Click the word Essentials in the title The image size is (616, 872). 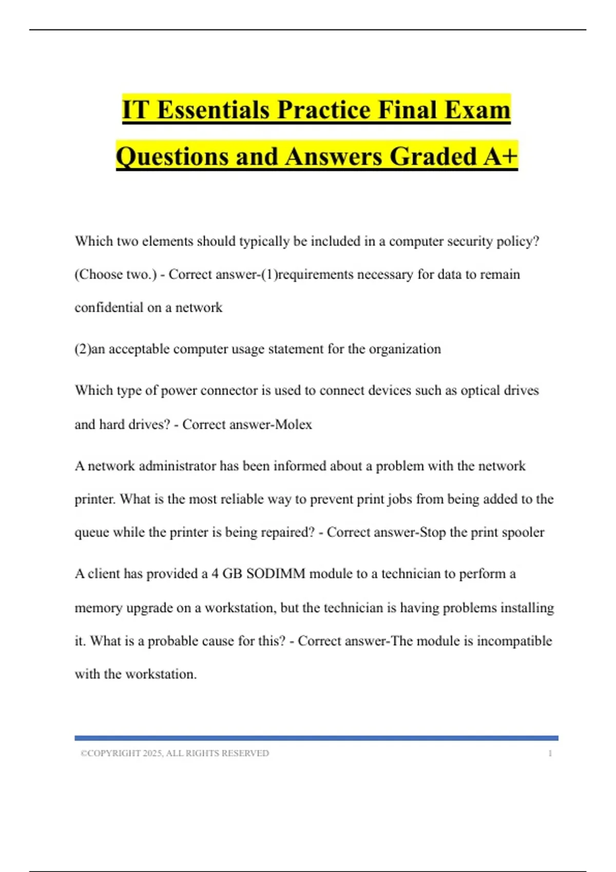213,110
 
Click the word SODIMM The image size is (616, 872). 276,573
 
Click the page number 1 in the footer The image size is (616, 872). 550,754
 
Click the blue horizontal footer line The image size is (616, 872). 316,738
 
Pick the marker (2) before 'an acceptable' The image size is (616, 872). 82,349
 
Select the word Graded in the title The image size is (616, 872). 433,156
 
